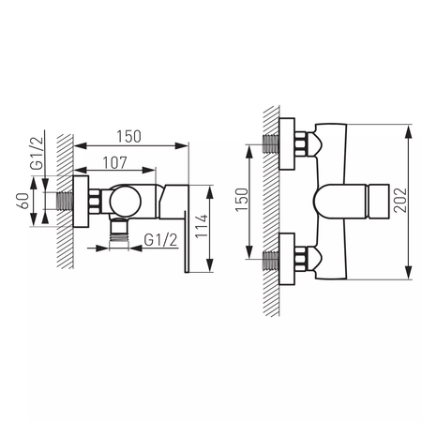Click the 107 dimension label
coord(114,162)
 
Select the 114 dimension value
coord(202,226)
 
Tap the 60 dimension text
coord(23,201)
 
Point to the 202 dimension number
coord(400,200)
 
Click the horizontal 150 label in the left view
coord(128,136)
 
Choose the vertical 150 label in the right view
coord(242,200)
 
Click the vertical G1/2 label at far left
coord(38,153)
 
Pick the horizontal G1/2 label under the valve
coord(160,240)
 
